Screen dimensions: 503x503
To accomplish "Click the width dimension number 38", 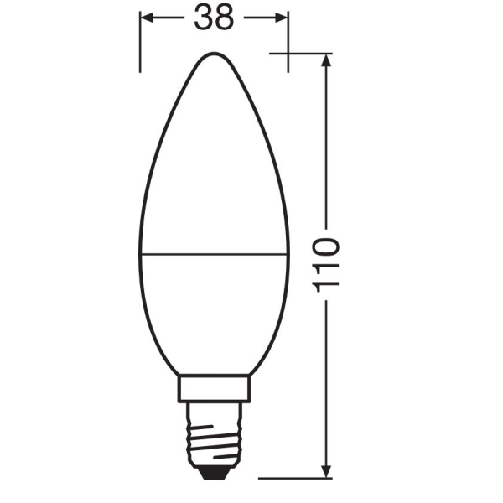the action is [x=214, y=18].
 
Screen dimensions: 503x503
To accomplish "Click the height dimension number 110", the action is [x=326, y=265].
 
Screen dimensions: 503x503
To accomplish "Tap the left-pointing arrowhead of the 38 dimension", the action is [x=147, y=18].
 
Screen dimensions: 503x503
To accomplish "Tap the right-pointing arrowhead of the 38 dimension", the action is [x=281, y=18].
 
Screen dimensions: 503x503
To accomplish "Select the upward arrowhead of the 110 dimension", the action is [x=326, y=60].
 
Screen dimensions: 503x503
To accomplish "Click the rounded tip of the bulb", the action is [x=214, y=54].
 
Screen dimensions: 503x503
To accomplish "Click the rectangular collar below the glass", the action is [x=214, y=388].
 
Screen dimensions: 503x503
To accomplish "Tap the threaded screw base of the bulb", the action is [x=214, y=433].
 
